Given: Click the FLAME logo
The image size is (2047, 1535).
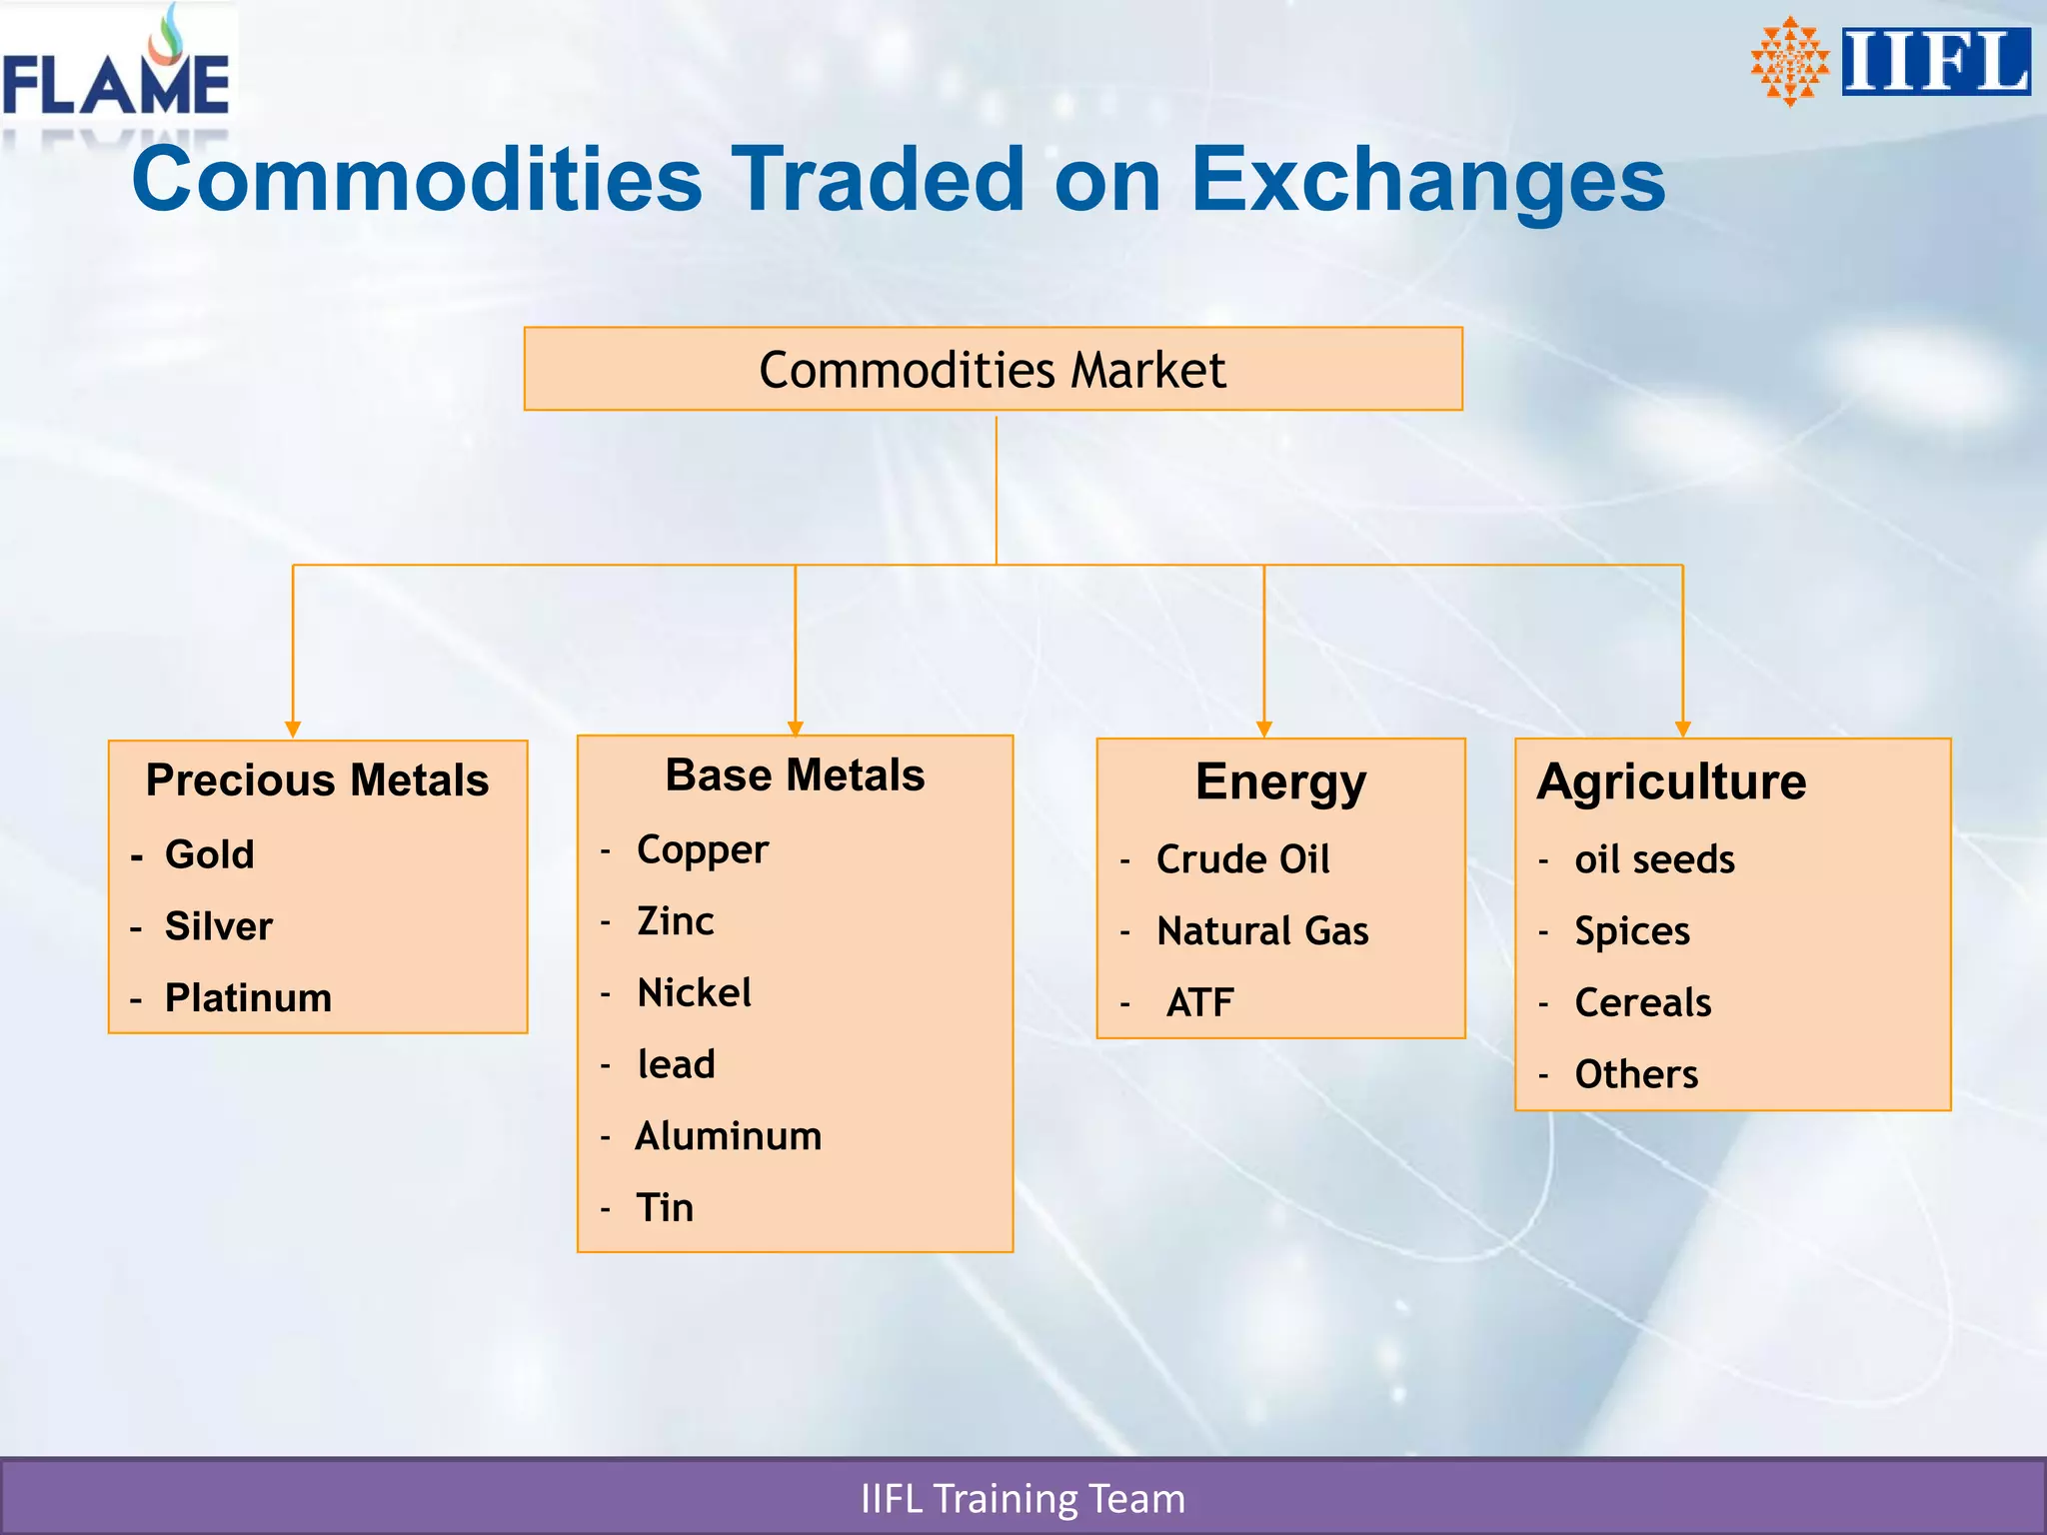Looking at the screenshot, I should pos(117,70).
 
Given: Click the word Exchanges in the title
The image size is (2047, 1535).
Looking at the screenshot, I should pos(1427,180).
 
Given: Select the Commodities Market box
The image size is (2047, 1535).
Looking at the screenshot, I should pos(993,369).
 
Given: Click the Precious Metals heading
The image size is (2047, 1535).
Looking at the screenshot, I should pos(317,779).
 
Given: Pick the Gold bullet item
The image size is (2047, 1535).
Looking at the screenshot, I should pos(209,854).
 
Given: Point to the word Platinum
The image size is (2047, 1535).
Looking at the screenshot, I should pos(248,997).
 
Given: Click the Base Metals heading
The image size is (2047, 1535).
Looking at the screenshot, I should pos(795,774).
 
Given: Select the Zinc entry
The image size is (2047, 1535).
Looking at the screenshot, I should pos(676,920).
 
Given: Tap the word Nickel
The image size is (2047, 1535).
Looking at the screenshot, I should pos(694,992).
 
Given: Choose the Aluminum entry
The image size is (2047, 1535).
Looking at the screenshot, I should pos(729,1136).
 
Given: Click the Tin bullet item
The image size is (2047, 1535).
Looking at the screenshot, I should pos(665,1207).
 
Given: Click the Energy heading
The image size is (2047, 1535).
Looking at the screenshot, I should pos(1280,781).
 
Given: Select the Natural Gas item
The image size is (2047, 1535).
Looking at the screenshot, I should pos(1262,930).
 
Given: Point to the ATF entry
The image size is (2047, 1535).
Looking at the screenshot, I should pos(1199,1002).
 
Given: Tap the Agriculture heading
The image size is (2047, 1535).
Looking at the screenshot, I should pos(1671,781).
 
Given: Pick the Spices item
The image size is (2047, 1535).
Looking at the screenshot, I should pos(1632,930).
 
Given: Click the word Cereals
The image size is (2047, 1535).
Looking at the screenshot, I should pos(1642,1002).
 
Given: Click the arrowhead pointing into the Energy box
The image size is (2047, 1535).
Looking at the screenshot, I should pos(1264,729).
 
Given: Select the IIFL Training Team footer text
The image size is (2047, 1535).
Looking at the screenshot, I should pos(1023,1498).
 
